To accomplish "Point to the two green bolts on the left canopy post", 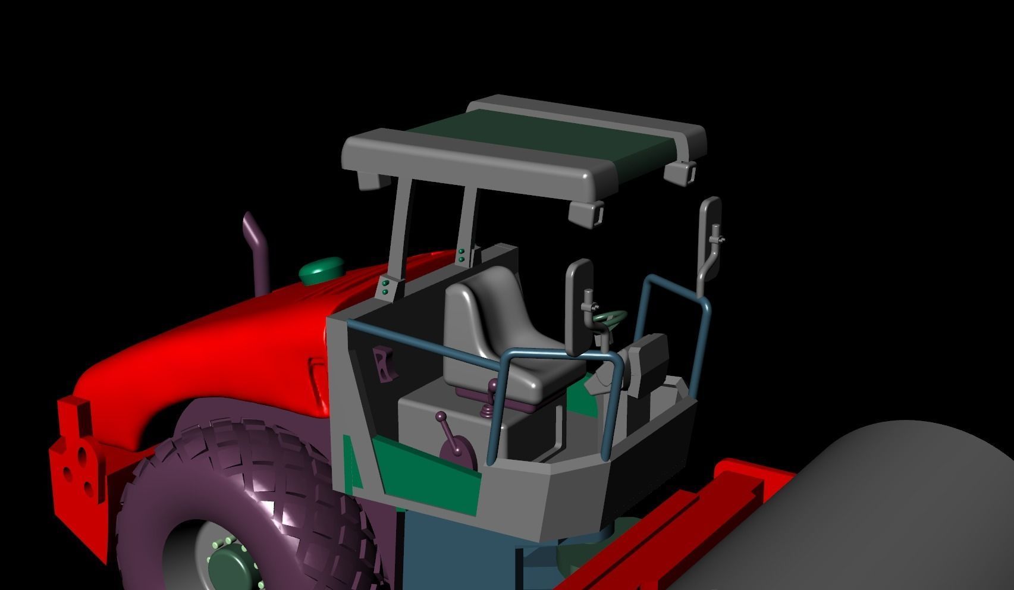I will pos(385,288).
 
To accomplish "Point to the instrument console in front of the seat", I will pos(648,363).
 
